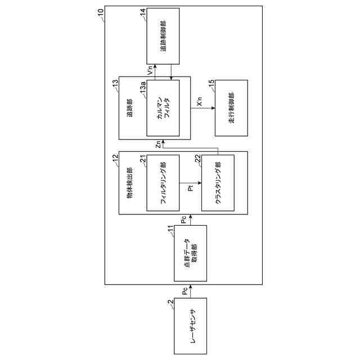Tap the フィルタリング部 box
(163, 183)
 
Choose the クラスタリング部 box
(218, 183)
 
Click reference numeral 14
(143, 11)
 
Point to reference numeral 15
(211, 83)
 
